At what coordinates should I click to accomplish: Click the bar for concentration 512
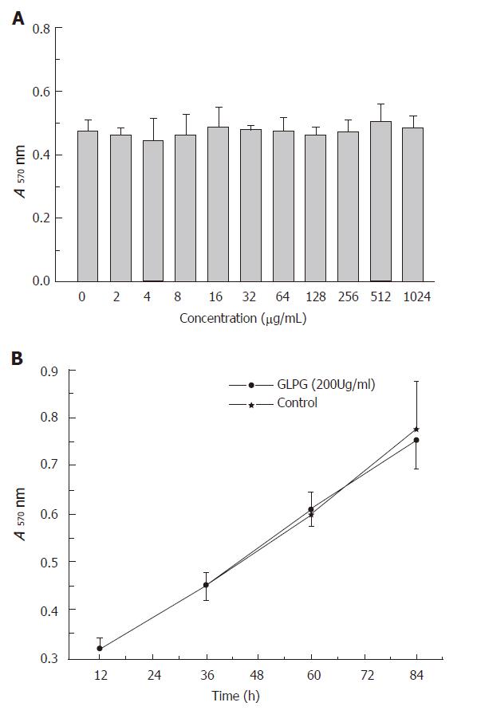tap(380, 202)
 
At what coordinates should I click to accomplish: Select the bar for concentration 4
tap(153, 211)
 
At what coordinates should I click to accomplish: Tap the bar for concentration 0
tap(88, 206)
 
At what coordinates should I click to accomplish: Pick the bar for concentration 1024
tap(413, 205)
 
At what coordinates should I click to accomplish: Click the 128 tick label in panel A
tap(315, 297)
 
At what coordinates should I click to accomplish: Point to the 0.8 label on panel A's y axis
tap(41, 29)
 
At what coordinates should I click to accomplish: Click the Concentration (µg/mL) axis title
tap(242, 319)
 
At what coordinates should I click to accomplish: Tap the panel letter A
tap(18, 19)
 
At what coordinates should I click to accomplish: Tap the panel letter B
tap(17, 359)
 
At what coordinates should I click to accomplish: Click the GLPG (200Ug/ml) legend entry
tap(302, 384)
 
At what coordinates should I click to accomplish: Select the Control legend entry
tap(274, 404)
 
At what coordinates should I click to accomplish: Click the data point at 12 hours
tap(100, 649)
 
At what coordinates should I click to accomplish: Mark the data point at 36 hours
tap(206, 585)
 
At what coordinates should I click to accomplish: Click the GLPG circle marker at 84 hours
tap(416, 440)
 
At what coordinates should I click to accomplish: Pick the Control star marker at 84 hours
tap(416, 430)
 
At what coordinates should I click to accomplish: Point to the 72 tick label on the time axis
tap(367, 676)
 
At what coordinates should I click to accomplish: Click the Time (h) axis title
tap(235, 696)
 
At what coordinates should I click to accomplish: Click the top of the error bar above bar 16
tap(219, 108)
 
